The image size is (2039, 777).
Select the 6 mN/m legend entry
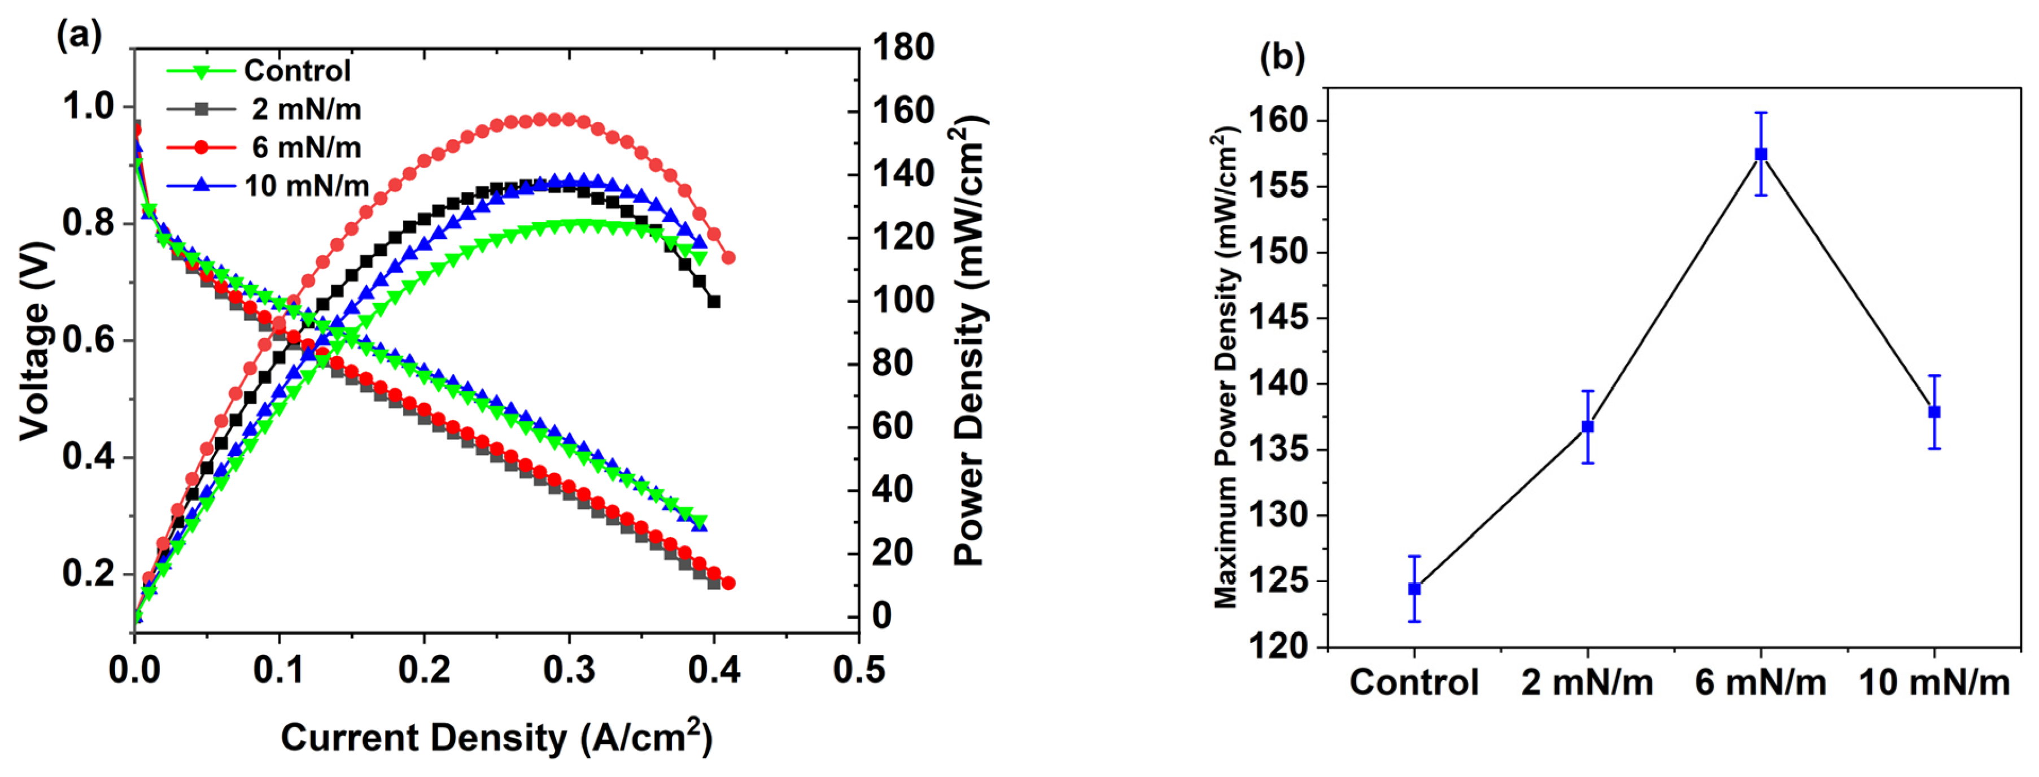[305, 147]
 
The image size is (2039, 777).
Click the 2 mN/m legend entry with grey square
[305, 109]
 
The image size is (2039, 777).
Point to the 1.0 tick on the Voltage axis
[89, 106]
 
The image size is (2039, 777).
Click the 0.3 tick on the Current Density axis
[569, 670]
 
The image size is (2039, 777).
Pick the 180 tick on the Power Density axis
[902, 47]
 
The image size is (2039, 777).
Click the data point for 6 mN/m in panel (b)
[1761, 154]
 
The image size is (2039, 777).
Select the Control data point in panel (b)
[1414, 588]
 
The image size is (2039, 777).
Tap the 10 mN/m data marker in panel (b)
[1935, 412]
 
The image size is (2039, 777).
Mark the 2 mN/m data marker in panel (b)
[1588, 427]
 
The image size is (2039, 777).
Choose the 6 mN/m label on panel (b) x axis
[1761, 683]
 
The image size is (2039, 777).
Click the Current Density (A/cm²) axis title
[496, 737]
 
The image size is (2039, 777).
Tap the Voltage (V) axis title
[35, 341]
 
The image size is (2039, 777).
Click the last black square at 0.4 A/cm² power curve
[714, 302]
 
